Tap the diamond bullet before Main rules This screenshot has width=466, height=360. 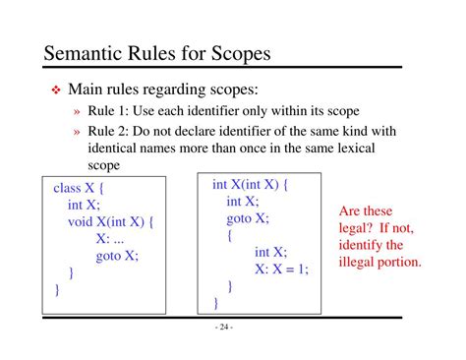pos(56,90)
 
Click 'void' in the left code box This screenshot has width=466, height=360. pos(85,221)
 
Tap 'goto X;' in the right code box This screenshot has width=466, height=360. pos(248,218)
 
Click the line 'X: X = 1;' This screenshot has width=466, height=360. pos(281,270)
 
